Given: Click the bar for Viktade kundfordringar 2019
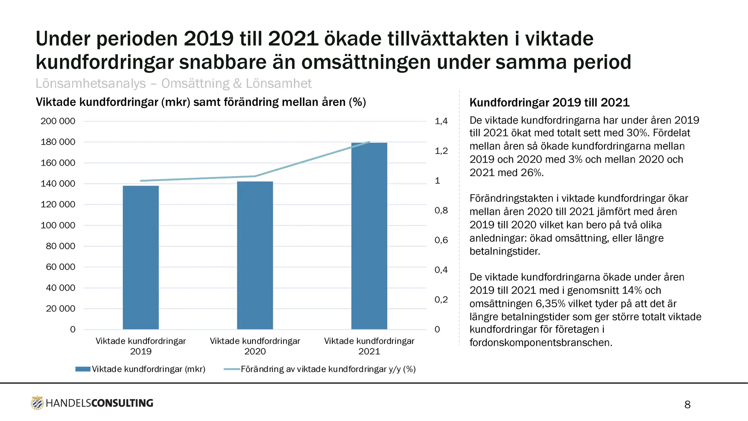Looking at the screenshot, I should pyautogui.click(x=141, y=257).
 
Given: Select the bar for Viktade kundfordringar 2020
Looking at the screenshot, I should pyautogui.click(x=255, y=255).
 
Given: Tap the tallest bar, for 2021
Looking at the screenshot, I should pyautogui.click(x=369, y=236).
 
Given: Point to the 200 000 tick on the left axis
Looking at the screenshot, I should pyautogui.click(x=58, y=121).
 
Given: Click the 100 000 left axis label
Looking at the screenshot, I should pyautogui.click(x=58, y=225).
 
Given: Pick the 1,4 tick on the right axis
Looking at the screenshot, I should pyautogui.click(x=441, y=121).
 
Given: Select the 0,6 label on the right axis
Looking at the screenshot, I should pyautogui.click(x=441, y=240).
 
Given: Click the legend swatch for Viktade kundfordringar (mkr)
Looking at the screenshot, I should pyautogui.click(x=83, y=369).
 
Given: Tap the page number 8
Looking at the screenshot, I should pyautogui.click(x=687, y=405).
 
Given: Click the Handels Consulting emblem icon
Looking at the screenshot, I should pyautogui.click(x=37, y=403).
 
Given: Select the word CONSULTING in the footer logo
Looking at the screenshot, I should pyautogui.click(x=122, y=403).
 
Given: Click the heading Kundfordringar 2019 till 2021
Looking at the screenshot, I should pyautogui.click(x=549, y=103).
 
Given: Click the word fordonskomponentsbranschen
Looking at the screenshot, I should pyautogui.click(x=541, y=343).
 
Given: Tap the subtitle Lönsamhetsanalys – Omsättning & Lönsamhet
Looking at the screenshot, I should pyautogui.click(x=173, y=83).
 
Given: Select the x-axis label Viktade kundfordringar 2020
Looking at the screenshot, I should pyautogui.click(x=255, y=346).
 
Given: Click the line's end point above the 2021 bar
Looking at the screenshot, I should pyautogui.click(x=369, y=142).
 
